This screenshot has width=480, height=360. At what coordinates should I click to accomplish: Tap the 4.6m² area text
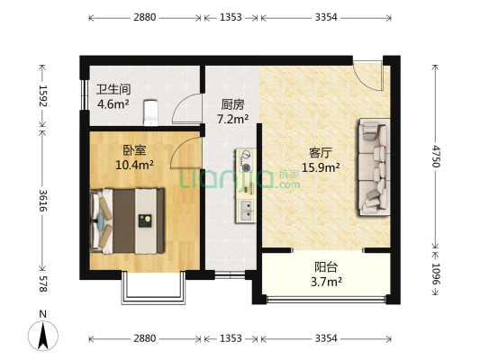(x=113, y=103)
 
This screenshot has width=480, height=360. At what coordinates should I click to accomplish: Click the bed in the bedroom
(x=129, y=218)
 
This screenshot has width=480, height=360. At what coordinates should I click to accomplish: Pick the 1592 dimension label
(x=41, y=96)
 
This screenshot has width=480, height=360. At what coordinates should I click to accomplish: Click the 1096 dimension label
(x=436, y=273)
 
